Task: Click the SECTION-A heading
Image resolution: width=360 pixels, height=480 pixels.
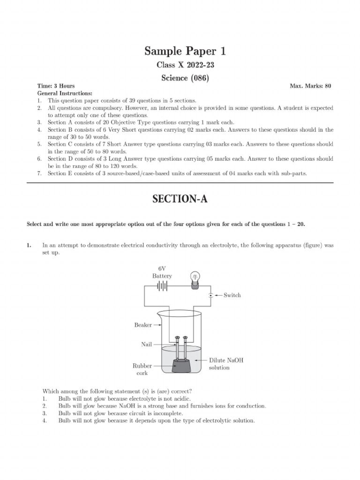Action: (180, 199)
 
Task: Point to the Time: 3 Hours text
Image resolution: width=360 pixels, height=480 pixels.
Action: (56, 86)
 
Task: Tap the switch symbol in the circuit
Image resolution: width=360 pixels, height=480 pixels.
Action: (211, 295)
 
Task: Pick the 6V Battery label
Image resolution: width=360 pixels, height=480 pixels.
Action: (162, 272)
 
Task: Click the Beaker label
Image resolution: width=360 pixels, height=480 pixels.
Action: (143, 325)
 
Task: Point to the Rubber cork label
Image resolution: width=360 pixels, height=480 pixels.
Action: (142, 369)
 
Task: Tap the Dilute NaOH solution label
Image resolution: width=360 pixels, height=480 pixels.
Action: (226, 364)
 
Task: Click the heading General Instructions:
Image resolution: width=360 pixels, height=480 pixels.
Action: (65, 93)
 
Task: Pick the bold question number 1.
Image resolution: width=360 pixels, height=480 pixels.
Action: (29, 245)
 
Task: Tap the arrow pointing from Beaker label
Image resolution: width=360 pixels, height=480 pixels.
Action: (157, 325)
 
